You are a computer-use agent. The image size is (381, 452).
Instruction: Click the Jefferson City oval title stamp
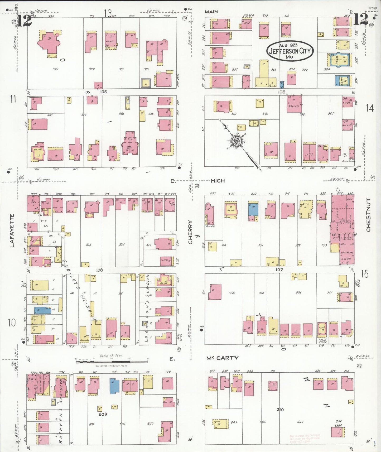click(x=290, y=51)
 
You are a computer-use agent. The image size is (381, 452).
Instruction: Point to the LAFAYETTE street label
click(x=12, y=230)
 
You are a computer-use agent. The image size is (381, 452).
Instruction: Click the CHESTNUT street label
click(x=368, y=215)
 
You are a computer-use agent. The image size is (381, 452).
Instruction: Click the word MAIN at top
click(x=211, y=12)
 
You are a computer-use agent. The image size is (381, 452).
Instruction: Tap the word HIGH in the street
click(x=218, y=181)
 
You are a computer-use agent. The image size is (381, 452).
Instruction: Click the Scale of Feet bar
click(x=112, y=362)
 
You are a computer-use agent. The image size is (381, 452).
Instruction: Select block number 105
click(x=103, y=92)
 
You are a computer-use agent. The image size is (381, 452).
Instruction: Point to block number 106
click(x=281, y=92)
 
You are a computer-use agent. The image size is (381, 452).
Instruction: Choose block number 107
click(x=279, y=270)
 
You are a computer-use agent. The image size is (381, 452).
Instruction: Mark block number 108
click(x=99, y=270)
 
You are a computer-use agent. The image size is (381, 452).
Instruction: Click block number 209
click(x=103, y=414)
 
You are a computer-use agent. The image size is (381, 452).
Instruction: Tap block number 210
click(x=280, y=410)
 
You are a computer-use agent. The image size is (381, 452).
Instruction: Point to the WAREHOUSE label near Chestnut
click(x=347, y=252)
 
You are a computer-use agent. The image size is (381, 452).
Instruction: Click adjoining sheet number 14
click(x=370, y=108)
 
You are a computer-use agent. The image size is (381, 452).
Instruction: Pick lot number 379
click(x=55, y=69)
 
